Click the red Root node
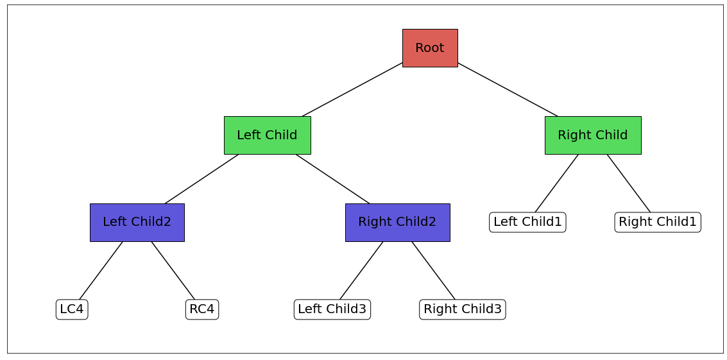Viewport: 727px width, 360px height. tap(430, 48)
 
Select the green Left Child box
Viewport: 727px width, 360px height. tap(267, 135)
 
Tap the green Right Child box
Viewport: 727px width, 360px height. tap(593, 135)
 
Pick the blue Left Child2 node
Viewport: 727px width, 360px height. tap(137, 223)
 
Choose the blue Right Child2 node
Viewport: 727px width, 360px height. tap(397, 223)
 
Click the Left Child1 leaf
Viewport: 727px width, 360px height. tap(527, 222)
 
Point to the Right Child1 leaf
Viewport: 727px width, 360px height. tap(657, 222)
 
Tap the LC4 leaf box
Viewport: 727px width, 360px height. tap(72, 309)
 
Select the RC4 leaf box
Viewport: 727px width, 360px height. tap(202, 309)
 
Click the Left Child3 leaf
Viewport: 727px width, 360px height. tap(332, 309)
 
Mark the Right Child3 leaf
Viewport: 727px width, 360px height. tap(463, 309)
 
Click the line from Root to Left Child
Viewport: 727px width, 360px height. tap(352, 89)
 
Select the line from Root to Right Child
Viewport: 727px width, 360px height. tap(508, 90)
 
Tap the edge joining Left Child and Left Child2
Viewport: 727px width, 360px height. tap(201, 179)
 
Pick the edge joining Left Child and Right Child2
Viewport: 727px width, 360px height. tap(332, 179)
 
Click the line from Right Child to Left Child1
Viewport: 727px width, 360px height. tap(556, 184)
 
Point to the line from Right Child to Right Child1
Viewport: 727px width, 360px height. tap(629, 184)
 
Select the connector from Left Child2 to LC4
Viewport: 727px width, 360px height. tap(101, 271)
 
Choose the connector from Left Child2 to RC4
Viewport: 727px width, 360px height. tap(173, 271)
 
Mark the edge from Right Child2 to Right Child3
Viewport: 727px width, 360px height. tap(433, 271)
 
